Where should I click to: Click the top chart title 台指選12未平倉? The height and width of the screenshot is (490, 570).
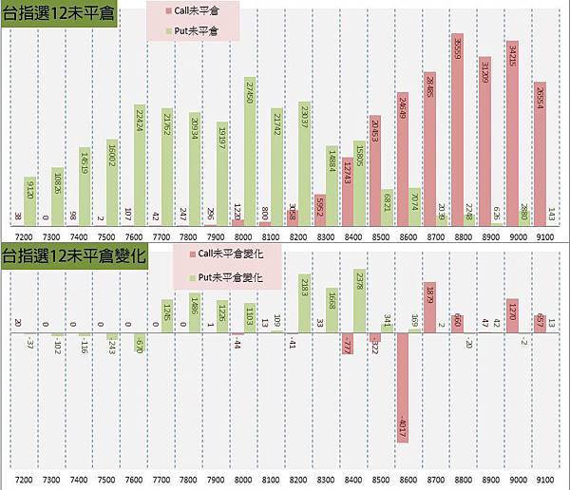(58, 15)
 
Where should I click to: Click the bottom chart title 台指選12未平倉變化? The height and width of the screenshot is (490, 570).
(73, 255)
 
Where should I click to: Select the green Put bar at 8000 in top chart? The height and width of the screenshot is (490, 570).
(250, 152)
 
